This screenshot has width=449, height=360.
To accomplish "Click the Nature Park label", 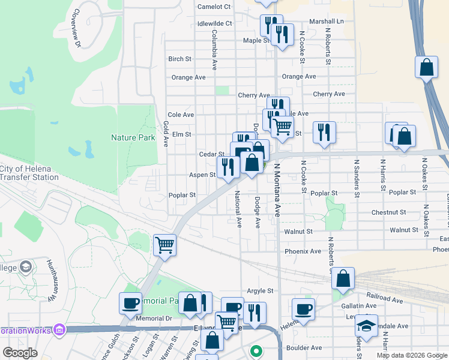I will pyautogui.click(x=133, y=137).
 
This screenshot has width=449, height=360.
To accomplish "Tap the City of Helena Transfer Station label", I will pyautogui.click(x=29, y=173).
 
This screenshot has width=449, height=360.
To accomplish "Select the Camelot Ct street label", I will pyautogui.click(x=214, y=7).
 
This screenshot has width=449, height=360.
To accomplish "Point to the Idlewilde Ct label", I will pyautogui.click(x=214, y=23).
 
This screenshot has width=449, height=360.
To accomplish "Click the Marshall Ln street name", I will pyautogui.click(x=327, y=21).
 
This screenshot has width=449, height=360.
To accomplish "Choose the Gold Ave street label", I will pyautogui.click(x=166, y=134).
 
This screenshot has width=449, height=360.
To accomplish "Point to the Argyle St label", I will pyautogui.click(x=260, y=290).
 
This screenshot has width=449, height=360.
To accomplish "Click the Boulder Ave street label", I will pyautogui.click(x=304, y=347).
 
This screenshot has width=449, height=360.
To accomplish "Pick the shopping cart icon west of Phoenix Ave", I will pyautogui.click(x=164, y=245).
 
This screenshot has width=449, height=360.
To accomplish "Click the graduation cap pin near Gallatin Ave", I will pyautogui.click(x=366, y=325).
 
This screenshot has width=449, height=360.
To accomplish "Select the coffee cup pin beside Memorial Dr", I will pyautogui.click(x=130, y=303).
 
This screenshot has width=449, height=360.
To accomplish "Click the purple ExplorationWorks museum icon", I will pyautogui.click(x=58, y=329).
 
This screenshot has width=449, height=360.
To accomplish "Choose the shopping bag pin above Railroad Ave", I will pyautogui.click(x=343, y=278).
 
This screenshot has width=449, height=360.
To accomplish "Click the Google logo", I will pyautogui.click(x=20, y=352).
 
